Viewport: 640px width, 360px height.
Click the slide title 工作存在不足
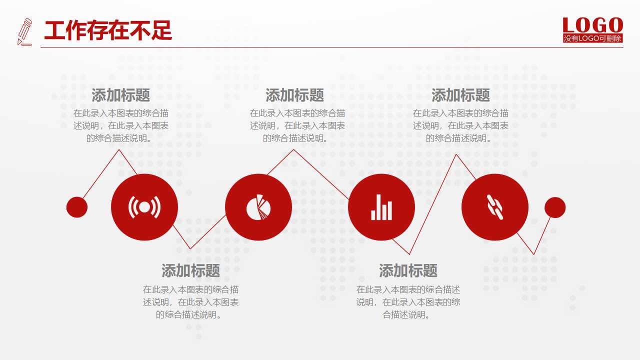(108, 31)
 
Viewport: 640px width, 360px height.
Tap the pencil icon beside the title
(24, 31)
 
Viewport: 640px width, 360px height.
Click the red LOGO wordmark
(592, 25)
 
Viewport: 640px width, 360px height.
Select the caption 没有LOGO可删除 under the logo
(592, 38)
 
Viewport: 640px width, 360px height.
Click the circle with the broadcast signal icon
(144, 207)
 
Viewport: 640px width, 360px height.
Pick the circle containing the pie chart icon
(258, 207)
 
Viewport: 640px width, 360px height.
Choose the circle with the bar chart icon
(381, 207)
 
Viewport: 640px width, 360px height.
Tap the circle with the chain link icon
(495, 207)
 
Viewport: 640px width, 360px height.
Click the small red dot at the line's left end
(77, 207)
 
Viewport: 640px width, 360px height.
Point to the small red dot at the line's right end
(555, 207)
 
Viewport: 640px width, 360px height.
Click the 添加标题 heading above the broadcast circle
(120, 95)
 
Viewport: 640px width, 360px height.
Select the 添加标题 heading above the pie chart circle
(294, 95)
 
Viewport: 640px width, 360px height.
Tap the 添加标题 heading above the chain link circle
(460, 95)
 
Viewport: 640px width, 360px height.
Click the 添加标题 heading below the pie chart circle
(190, 271)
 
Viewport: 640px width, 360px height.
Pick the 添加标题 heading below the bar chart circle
(408, 271)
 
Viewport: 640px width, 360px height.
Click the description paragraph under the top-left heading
(120, 125)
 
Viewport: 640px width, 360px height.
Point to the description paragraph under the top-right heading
(460, 125)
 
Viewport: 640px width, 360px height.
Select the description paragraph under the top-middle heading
(297, 125)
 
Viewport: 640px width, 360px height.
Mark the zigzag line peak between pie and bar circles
(294, 150)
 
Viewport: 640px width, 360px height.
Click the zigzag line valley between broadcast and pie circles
(190, 248)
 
